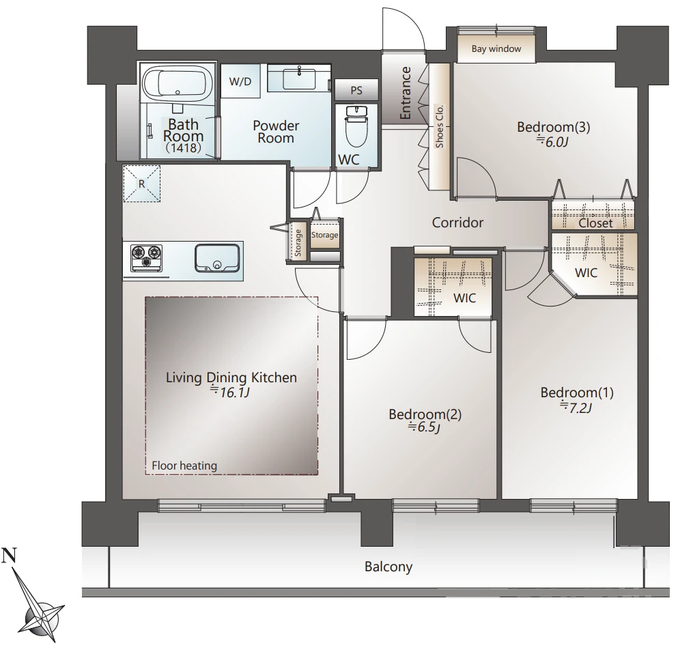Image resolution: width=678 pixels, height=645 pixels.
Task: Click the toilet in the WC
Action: coord(356,126)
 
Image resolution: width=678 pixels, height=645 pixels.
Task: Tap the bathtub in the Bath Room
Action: coord(178,83)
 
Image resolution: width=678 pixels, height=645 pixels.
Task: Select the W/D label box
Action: coord(240,81)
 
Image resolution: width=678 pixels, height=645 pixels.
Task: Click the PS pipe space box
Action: coord(356,90)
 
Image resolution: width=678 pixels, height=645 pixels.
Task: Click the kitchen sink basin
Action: coord(217,258)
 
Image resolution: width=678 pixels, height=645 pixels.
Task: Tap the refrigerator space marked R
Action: coord(142,184)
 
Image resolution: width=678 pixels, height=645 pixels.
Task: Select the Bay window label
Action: coord(496,49)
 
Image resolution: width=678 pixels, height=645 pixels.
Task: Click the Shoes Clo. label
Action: coord(440,126)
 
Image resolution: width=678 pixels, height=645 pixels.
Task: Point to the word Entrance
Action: coord(405,93)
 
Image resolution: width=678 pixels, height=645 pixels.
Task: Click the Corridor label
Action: coord(457,223)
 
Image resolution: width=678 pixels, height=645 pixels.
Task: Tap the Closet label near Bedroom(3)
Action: coord(595,223)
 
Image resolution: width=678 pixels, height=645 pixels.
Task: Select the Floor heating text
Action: coord(184,465)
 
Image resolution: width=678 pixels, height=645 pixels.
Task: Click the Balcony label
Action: coord(389,567)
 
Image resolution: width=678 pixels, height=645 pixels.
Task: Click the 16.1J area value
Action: coord(230,392)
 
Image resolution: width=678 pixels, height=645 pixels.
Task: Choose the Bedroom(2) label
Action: coord(425,414)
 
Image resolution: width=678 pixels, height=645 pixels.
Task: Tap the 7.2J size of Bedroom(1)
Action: coord(576,407)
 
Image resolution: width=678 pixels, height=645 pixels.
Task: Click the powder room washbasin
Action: coord(299,78)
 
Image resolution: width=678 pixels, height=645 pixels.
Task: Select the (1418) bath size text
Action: coord(184,148)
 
